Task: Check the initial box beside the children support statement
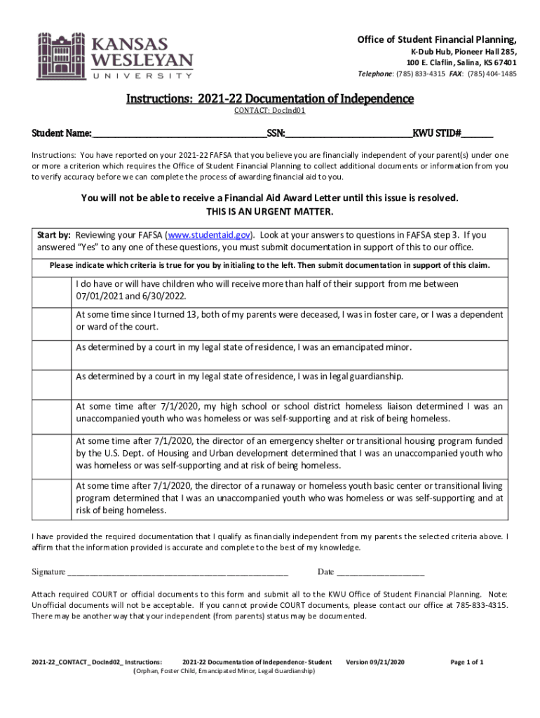54,290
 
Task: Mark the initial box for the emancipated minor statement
54,354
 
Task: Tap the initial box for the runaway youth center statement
54,498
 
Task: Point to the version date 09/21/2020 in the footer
386,662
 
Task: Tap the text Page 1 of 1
466,662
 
